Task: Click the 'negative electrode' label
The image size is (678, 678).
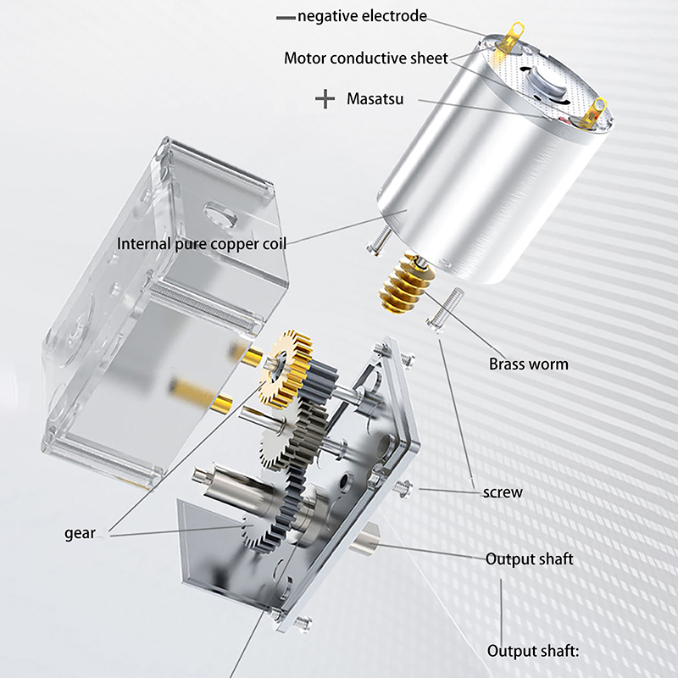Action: pyautogui.click(x=363, y=16)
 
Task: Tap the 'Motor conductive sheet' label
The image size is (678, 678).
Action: pyautogui.click(x=366, y=58)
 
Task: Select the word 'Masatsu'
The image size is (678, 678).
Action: pyautogui.click(x=375, y=98)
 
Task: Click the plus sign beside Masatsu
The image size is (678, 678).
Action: pyautogui.click(x=325, y=99)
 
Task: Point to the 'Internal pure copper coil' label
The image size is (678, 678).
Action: pyautogui.click(x=202, y=244)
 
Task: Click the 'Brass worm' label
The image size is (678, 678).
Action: pyautogui.click(x=528, y=364)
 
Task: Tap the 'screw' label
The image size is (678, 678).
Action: pyautogui.click(x=503, y=492)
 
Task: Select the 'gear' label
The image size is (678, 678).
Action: pyautogui.click(x=80, y=533)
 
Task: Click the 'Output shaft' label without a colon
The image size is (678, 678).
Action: pyautogui.click(x=529, y=559)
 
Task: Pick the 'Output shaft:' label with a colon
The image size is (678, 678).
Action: pyautogui.click(x=533, y=651)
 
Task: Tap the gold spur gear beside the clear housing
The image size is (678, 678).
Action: pyautogui.click(x=286, y=370)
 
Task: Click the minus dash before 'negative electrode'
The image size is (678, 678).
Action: pyautogui.click(x=286, y=18)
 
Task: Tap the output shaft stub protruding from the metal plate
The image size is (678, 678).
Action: pyautogui.click(x=364, y=538)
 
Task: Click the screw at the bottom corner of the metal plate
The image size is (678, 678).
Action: pyautogui.click(x=303, y=623)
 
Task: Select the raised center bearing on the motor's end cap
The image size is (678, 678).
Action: pyautogui.click(x=545, y=83)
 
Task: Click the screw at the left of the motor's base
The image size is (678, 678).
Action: pyautogui.click(x=379, y=242)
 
